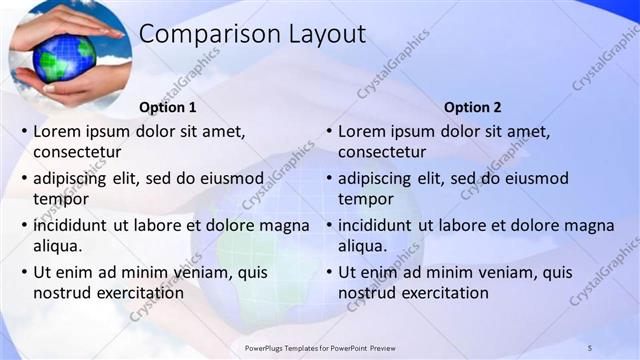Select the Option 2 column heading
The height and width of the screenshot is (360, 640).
point(473,107)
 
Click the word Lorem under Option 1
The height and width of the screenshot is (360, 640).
point(57,131)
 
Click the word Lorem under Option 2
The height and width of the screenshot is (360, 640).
point(362,131)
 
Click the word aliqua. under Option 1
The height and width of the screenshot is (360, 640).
point(58,246)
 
